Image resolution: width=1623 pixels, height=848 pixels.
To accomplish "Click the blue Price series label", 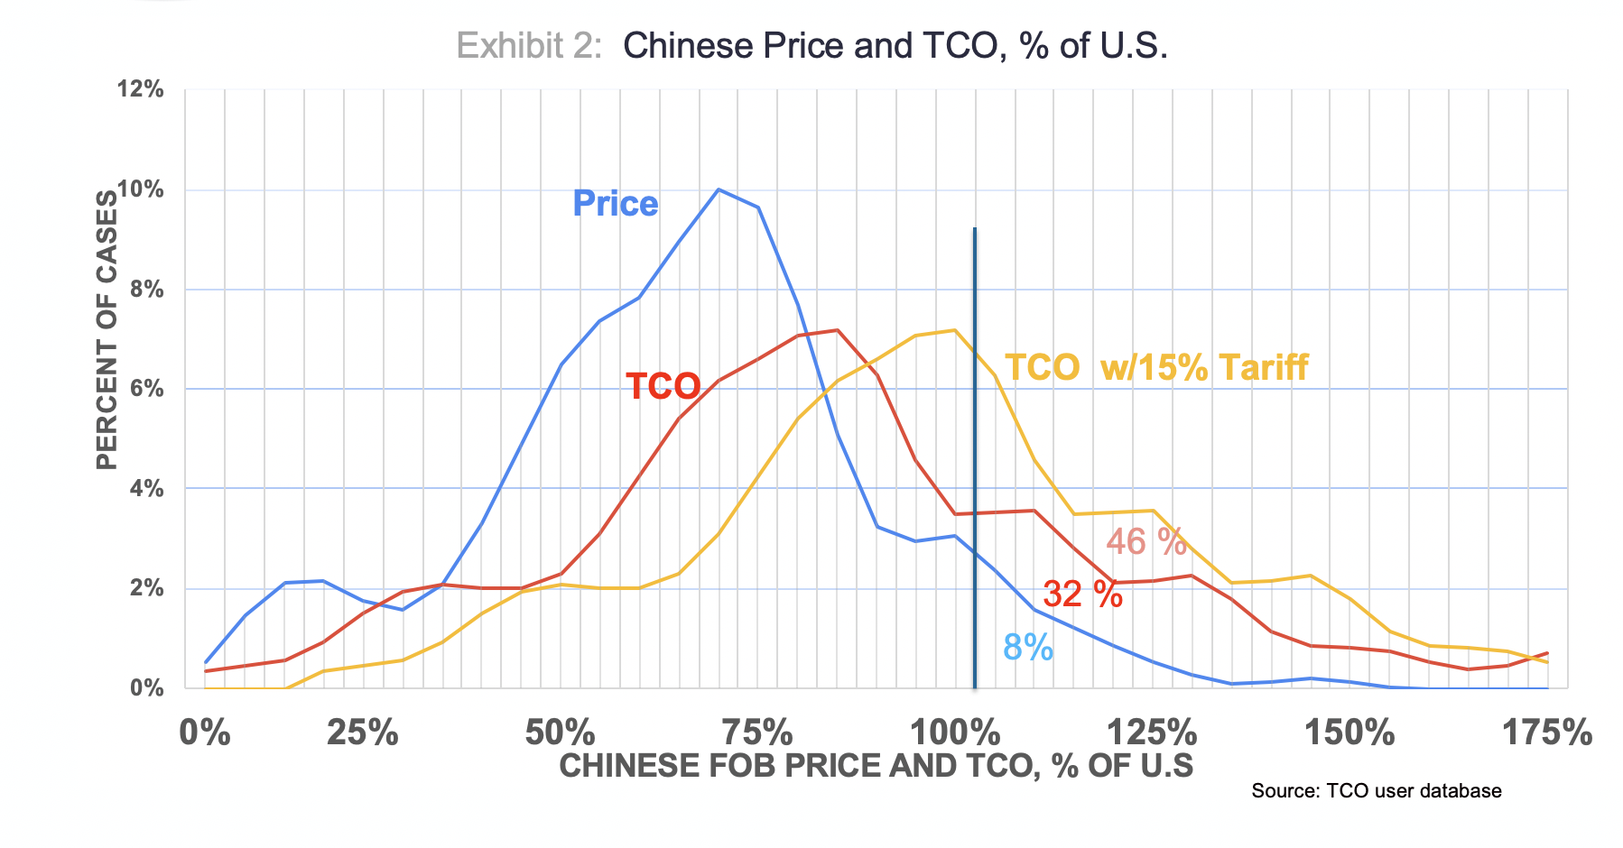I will pyautogui.click(x=616, y=204).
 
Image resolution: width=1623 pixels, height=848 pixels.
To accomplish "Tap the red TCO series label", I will pyautogui.click(x=663, y=386).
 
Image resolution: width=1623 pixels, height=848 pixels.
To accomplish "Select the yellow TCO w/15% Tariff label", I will pyautogui.click(x=1156, y=367).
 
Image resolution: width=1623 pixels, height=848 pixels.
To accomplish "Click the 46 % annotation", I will pyautogui.click(x=1146, y=541).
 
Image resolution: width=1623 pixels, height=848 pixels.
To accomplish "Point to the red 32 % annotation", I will pyautogui.click(x=1082, y=595).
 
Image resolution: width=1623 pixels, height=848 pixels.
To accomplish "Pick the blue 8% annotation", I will pyautogui.click(x=1028, y=648).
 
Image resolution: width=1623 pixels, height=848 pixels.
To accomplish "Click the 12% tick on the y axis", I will pyautogui.click(x=140, y=89).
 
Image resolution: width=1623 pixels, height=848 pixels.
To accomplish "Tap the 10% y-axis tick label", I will pyautogui.click(x=140, y=189).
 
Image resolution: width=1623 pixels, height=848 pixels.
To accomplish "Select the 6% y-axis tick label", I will pyautogui.click(x=145, y=389).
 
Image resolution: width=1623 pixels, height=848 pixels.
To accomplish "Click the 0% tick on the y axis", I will pyautogui.click(x=145, y=687).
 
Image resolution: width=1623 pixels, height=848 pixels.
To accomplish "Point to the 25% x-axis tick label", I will pyautogui.click(x=362, y=733).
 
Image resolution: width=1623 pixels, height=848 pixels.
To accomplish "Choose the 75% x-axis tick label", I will pyautogui.click(x=759, y=733).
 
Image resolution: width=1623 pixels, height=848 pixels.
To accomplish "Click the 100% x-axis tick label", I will pyautogui.click(x=954, y=733).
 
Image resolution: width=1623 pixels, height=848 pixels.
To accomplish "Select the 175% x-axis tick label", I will pyautogui.click(x=1546, y=733).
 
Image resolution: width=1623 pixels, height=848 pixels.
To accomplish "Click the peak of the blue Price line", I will pyautogui.click(x=719, y=189).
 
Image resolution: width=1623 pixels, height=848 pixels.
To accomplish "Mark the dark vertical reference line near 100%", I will pyautogui.click(x=975, y=451).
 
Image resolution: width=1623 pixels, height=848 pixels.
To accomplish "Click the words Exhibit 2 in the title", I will pyautogui.click(x=529, y=45).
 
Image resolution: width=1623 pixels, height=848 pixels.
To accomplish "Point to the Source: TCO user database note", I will pyautogui.click(x=1376, y=791).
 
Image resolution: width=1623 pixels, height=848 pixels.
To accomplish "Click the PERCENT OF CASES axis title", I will pyautogui.click(x=107, y=330).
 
